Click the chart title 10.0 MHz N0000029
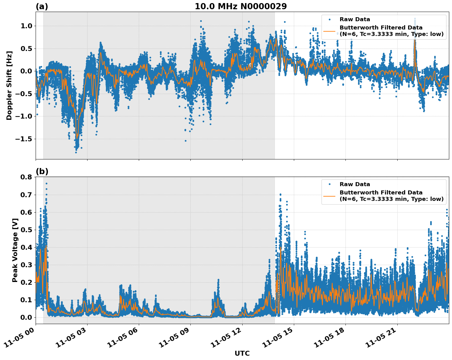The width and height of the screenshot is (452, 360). coord(240,6)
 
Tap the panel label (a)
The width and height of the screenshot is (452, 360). coord(42,6)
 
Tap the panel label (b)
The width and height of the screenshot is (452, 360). coord(42,171)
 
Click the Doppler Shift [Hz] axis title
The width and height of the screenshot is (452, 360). coord(9,85)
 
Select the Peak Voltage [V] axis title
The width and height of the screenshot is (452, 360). coord(15,250)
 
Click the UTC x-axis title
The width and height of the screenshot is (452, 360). coord(242,353)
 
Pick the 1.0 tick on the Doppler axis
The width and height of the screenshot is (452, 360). coord(26,26)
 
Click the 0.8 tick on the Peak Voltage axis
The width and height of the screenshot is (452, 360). coord(26,177)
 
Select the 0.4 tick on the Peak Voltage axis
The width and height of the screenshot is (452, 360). coord(26,247)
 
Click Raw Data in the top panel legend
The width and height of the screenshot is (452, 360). coord(355,19)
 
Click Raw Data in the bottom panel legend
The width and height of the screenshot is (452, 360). coord(355,184)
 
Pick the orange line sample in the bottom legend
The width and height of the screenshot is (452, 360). coord(329,196)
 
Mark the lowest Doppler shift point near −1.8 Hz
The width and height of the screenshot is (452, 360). coord(76,152)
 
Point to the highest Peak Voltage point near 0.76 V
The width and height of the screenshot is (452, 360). coord(46,183)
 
